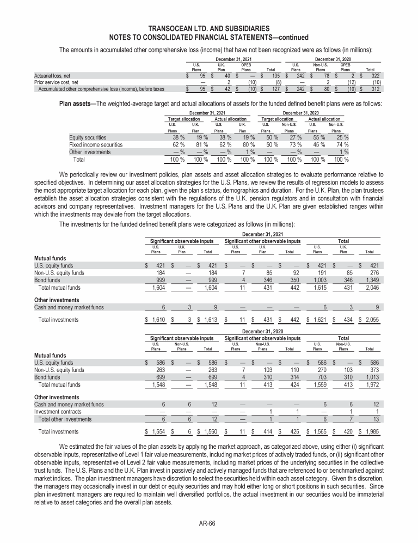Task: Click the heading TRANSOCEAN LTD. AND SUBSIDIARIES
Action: coord(208,29)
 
